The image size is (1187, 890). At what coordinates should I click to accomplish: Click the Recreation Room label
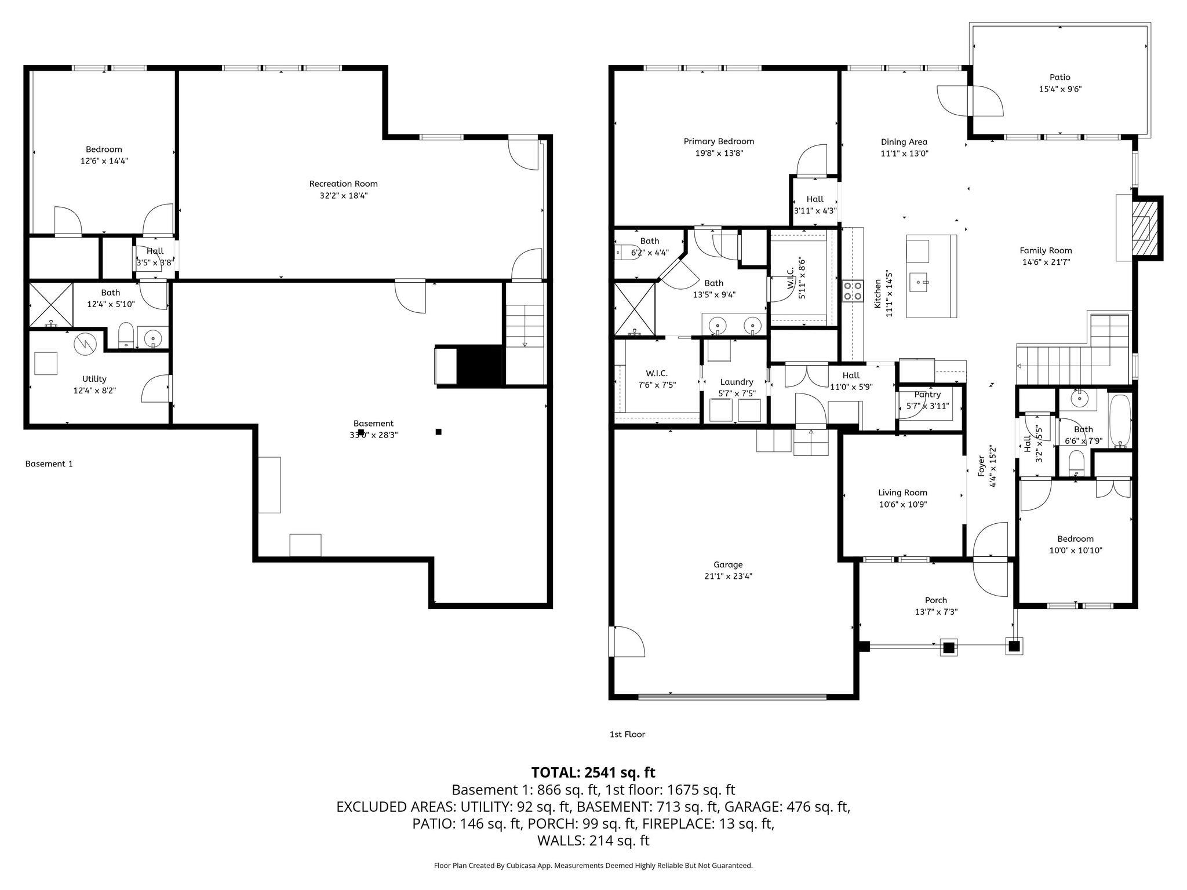(343, 184)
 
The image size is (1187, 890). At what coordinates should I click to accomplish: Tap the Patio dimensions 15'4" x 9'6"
(1060, 89)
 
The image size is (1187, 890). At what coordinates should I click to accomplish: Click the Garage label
(728, 564)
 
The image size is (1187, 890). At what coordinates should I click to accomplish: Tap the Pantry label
(927, 395)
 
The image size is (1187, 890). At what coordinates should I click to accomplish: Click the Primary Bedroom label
(719, 141)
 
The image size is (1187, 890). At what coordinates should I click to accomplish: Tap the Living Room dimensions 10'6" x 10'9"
(902, 505)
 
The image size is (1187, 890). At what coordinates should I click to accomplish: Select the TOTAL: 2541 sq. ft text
(593, 772)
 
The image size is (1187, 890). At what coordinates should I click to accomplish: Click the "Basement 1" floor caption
(49, 464)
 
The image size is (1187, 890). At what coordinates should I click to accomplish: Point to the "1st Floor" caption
(627, 734)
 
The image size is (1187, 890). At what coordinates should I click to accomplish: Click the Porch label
(935, 600)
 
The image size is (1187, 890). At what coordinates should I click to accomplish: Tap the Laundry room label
(737, 382)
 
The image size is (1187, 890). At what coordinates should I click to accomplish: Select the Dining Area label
(904, 142)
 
